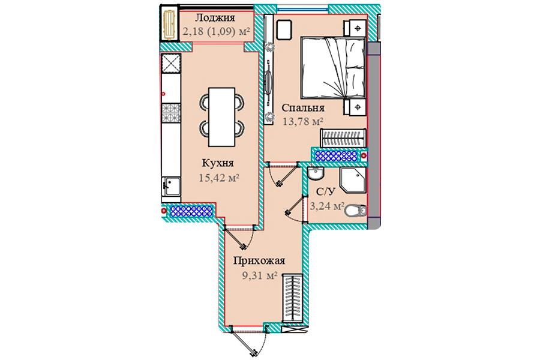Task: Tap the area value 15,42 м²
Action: tap(219, 178)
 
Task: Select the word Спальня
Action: tap(303, 108)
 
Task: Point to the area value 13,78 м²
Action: tap(303, 121)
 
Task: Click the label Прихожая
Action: tap(259, 261)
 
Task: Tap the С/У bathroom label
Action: tap(325, 191)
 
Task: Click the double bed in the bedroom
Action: tap(333, 68)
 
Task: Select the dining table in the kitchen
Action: tap(222, 117)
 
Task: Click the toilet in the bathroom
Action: tap(356, 211)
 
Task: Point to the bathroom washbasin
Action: tap(316, 173)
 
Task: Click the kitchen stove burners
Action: tap(171, 113)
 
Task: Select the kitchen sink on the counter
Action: tap(171, 187)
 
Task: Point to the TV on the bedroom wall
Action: tap(269, 83)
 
